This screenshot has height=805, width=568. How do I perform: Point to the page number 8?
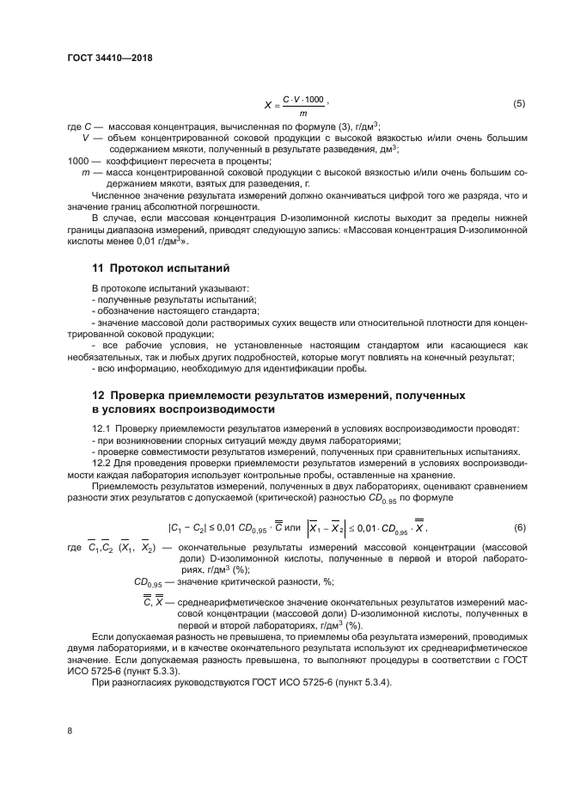[70, 730]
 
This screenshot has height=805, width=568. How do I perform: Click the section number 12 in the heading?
[98, 395]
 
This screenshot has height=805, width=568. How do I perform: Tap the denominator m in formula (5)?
[302, 113]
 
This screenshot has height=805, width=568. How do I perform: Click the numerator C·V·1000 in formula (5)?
[302, 99]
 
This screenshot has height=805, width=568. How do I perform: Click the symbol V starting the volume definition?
[86, 138]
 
